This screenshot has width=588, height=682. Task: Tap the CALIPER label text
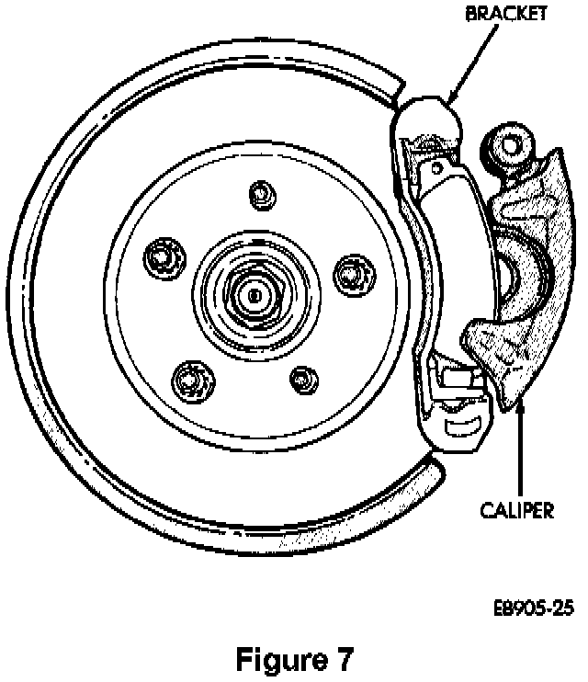point(519,507)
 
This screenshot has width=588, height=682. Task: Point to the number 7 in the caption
point(339,660)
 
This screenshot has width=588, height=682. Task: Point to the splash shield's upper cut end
point(395,88)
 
